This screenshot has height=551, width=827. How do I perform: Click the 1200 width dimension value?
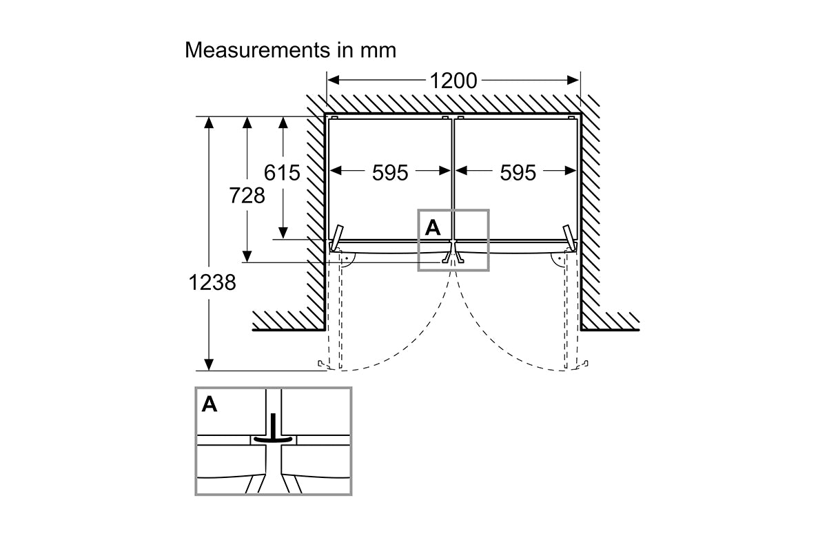coord(453,81)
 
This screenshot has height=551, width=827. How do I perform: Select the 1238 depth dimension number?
coord(212,282)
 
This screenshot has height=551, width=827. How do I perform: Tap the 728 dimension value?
coord(247,195)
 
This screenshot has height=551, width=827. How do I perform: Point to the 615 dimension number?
coord(282,172)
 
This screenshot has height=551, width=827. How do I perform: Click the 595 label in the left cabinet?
coord(390,172)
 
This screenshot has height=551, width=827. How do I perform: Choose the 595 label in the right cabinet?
coord(518,172)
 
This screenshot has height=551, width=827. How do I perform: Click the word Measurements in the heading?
coord(257,50)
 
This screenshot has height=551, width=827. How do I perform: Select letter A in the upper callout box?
coord(433,227)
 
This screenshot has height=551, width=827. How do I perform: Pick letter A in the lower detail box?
coord(210,404)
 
